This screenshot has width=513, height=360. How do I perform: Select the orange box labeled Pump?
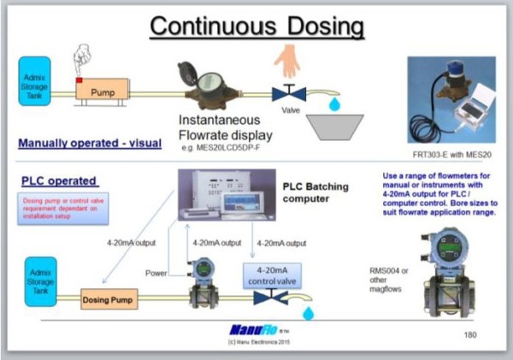pyautogui.click(x=102, y=88)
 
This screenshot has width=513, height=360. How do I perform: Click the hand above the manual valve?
pyautogui.click(x=286, y=62)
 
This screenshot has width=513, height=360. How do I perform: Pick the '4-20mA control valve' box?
pyautogui.click(x=275, y=274)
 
